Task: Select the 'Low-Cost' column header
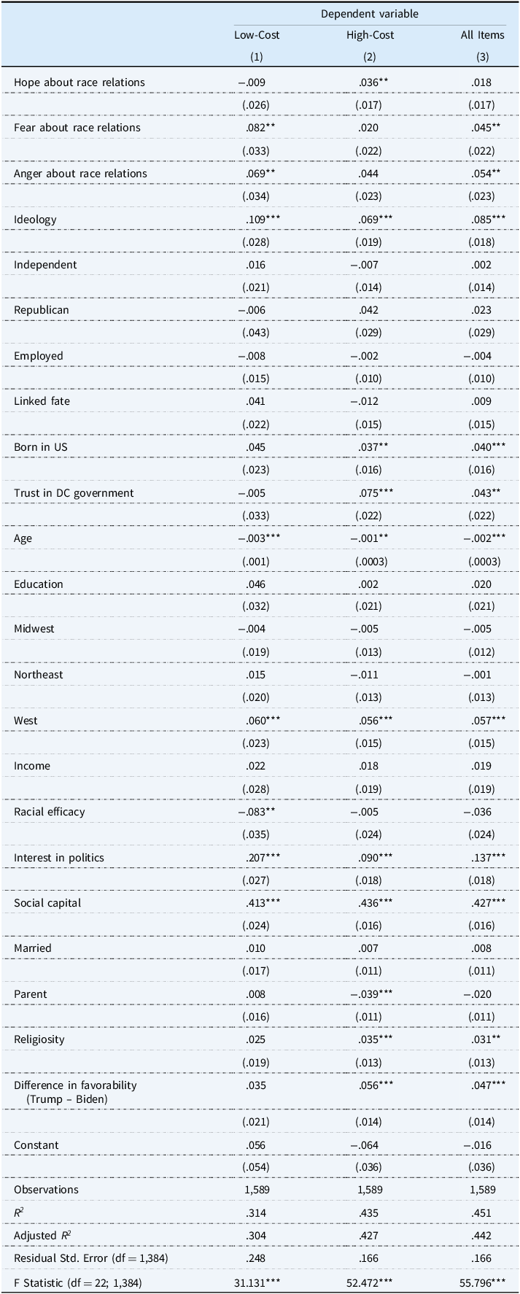click(257, 35)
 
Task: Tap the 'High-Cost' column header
click(370, 35)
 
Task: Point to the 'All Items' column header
click(482, 35)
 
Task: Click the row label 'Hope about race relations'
click(79, 82)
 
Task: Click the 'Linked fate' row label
click(42, 401)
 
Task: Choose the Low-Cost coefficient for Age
click(257, 538)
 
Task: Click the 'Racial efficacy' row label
click(50, 812)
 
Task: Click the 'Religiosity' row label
click(39, 1039)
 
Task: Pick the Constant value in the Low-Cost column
click(257, 1145)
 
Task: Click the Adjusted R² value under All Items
click(482, 1236)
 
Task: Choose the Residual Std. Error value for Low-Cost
click(257, 1258)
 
